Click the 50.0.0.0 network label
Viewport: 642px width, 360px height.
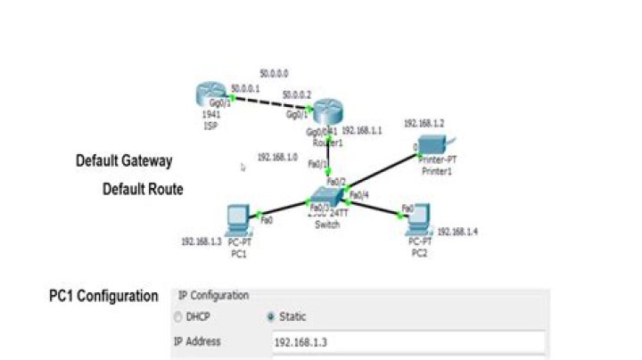point(275,72)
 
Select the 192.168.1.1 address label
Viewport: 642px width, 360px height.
point(362,129)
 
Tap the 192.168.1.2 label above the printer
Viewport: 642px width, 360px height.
point(424,124)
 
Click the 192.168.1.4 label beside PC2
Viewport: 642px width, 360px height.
point(457,231)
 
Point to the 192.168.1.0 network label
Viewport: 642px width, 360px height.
point(277,157)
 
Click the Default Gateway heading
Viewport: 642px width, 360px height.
point(124,161)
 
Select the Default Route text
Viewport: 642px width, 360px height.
point(143,189)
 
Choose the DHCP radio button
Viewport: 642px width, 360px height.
point(179,317)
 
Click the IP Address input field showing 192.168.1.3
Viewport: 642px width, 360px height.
point(407,341)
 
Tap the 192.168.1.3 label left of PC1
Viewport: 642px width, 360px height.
point(201,241)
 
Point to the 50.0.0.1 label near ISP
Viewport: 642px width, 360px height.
point(245,87)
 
